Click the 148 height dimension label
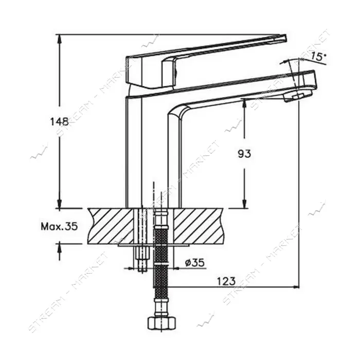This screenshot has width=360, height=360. point(60,122)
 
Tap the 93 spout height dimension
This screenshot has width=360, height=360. point(244,154)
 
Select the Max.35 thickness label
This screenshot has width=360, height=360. point(60,227)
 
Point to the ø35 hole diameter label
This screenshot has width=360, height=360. point(195,263)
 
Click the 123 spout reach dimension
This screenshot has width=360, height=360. point(226,281)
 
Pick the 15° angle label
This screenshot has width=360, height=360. point(318,56)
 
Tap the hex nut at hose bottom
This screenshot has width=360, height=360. point(161,324)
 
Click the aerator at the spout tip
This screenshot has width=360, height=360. point(298,96)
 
